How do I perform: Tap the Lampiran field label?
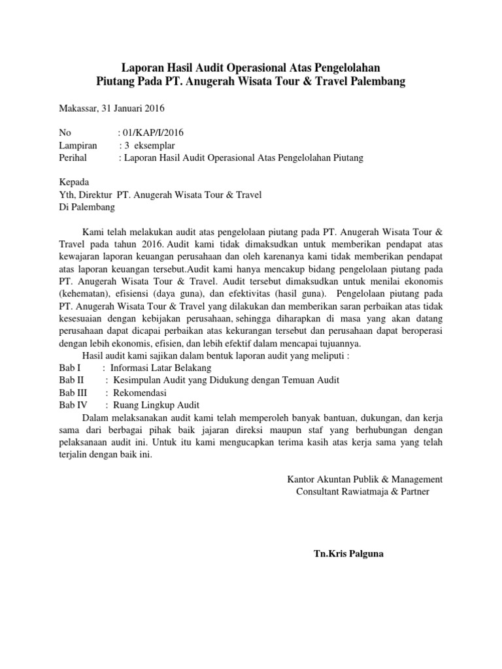click(78, 145)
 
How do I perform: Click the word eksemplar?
click(154, 145)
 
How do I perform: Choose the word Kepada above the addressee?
click(75, 182)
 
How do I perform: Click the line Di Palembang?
click(87, 207)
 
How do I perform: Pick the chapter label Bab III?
click(73, 393)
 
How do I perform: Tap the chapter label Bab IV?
click(73, 405)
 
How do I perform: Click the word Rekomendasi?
click(140, 393)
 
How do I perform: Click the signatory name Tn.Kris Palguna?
click(349, 554)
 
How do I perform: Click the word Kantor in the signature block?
click(303, 479)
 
